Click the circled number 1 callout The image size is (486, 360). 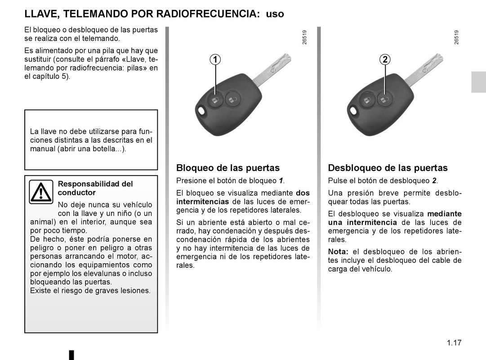pos(216,59)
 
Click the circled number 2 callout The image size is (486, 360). pos(385,59)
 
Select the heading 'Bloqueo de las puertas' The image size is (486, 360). pos(228,168)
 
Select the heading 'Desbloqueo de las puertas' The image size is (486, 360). pos(388,168)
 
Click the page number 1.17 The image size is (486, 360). pos(454,343)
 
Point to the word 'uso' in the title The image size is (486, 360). pos(275,14)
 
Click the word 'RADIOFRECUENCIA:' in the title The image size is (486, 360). pos(208,14)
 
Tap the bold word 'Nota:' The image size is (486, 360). pos(338,252)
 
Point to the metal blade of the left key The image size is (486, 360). pos(272,69)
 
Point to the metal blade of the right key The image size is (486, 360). pos(424,69)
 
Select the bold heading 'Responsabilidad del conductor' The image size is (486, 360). pos(95,188)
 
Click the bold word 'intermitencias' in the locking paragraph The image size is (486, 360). pos(203,202)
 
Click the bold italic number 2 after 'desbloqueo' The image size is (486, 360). pos(434,181)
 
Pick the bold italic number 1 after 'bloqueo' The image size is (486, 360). pos(281,181)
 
